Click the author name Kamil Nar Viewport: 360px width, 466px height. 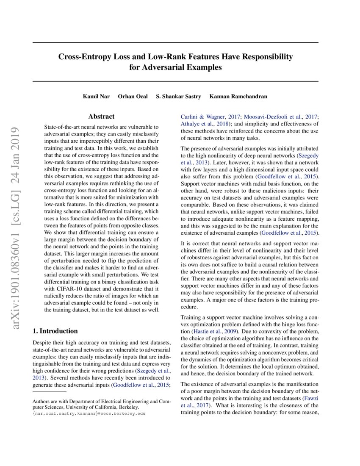[96, 97]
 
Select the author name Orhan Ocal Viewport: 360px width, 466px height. [133, 97]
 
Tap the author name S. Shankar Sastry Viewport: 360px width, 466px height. [179, 97]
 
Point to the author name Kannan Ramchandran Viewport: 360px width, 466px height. [238, 97]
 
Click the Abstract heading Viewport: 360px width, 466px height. [101, 116]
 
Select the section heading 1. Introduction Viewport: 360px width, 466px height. [55, 331]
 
